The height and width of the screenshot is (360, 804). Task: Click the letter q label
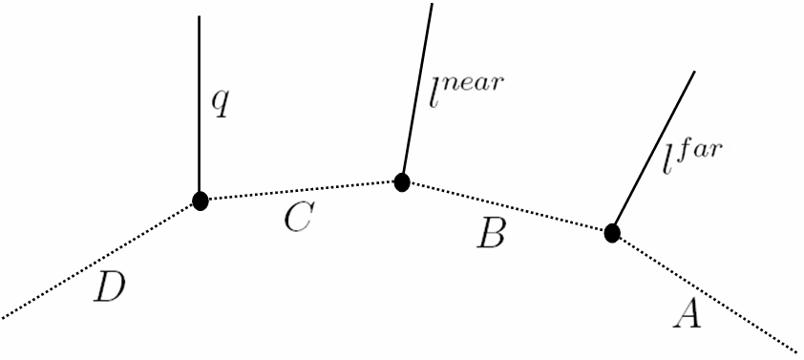(220, 103)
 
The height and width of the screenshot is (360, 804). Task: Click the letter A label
(688, 312)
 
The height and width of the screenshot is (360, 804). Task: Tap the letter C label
(297, 222)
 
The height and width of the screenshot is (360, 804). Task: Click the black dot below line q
(200, 201)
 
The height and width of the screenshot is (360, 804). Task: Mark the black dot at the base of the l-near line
(402, 181)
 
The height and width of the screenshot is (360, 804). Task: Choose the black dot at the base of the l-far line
(612, 232)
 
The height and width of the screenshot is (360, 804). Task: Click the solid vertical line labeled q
(199, 105)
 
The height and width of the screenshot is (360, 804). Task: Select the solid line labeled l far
(653, 152)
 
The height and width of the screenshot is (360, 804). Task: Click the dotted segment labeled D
(100, 259)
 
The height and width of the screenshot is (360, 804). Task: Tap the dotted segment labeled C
(301, 191)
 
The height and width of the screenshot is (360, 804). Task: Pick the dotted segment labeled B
(507, 206)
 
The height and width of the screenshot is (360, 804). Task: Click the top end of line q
(199, 16)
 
